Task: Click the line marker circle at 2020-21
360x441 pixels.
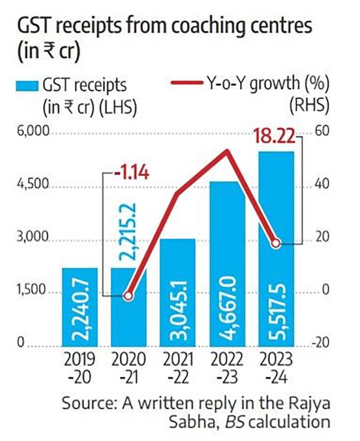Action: tap(128, 296)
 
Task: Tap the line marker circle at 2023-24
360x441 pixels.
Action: tap(276, 244)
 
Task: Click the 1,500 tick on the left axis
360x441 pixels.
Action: tap(34, 291)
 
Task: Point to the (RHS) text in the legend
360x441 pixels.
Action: tap(310, 105)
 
